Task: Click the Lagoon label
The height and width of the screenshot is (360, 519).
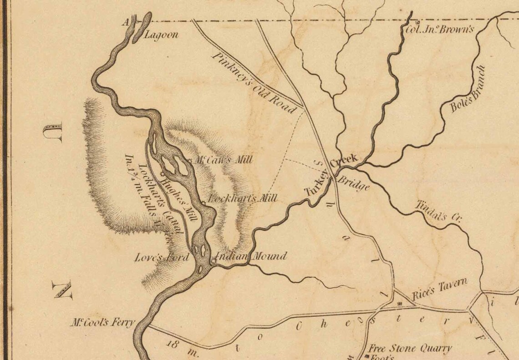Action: point(161,35)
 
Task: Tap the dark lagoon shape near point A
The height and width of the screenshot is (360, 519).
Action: point(142,27)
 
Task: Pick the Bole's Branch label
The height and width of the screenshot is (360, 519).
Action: point(468,90)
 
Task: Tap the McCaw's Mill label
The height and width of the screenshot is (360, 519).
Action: point(223,160)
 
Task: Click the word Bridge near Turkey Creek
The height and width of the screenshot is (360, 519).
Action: point(353,183)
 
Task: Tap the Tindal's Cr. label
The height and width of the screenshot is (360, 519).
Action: point(438,212)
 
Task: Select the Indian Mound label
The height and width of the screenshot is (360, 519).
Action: point(251,257)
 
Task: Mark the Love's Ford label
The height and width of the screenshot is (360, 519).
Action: point(162,258)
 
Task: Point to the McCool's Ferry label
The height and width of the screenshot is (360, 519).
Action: point(102,323)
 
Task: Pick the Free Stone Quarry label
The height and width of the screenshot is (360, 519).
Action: point(410,349)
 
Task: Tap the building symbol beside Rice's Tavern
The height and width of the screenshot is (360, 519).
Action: point(400,304)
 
